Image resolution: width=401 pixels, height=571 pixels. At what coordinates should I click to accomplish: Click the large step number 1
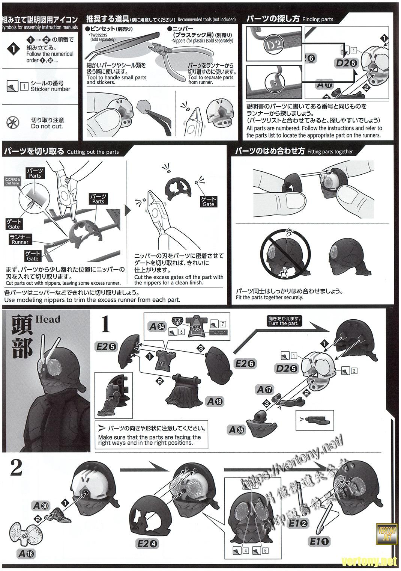[x=105, y=324]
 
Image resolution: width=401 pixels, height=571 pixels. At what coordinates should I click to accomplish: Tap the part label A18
[x=214, y=401]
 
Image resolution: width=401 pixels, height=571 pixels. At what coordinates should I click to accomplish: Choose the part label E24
[x=147, y=544]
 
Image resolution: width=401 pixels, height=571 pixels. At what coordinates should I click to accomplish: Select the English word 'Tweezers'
[x=98, y=35]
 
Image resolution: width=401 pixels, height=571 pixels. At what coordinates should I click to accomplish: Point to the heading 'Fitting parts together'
[x=330, y=152]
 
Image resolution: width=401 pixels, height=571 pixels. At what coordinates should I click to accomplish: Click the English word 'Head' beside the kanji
[x=48, y=319]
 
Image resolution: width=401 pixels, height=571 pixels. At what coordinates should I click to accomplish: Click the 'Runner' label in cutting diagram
[x=20, y=239]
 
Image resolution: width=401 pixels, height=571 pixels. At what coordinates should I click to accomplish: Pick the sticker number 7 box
[x=223, y=324]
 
